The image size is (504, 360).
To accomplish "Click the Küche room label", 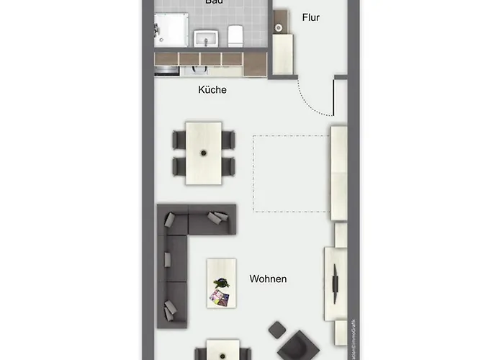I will pos(212,90).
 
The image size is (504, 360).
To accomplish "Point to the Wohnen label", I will pos(268,279).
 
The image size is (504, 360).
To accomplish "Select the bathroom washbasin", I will pos(206,38).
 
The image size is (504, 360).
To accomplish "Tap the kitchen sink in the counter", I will pos(198,71).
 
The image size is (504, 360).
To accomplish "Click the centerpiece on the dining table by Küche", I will pos(204,153).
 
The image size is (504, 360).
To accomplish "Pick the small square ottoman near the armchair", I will pos(277,330).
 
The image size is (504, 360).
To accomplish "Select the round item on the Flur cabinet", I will pos(279,27).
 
